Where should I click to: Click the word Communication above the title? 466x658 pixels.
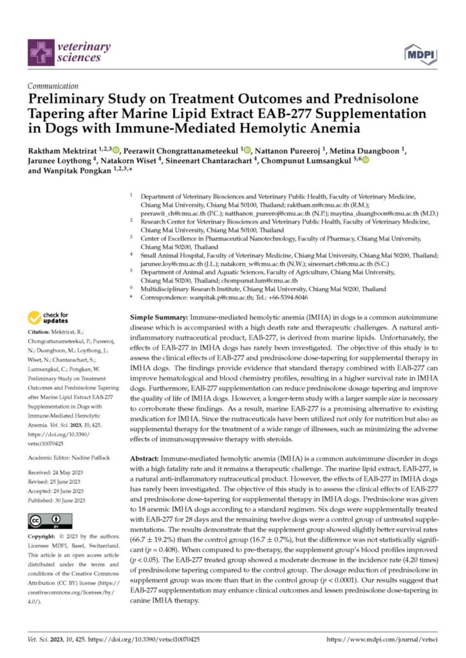53,85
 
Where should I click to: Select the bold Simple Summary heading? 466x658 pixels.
158,318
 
